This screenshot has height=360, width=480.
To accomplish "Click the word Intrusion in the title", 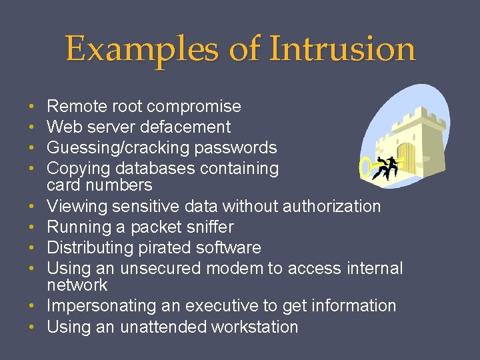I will pyautogui.click(x=342, y=49).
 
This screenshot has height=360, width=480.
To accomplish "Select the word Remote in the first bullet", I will pyautogui.click(x=72, y=107).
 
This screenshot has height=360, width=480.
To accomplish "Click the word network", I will pyautogui.click(x=77, y=285).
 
